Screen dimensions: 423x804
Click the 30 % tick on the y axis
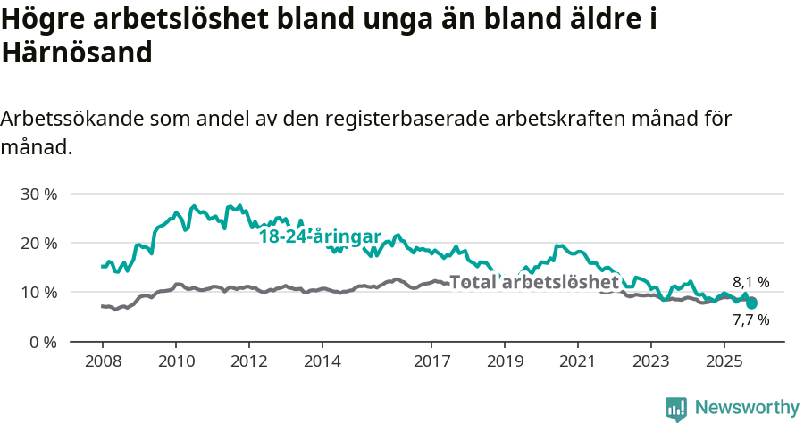coord(38,194)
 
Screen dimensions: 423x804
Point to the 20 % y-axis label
coord(38,243)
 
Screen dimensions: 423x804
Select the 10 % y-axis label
coord(38,293)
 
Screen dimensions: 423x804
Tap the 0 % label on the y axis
coord(43,342)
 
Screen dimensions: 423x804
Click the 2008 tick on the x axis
coord(102,361)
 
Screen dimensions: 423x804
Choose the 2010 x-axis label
coord(175,361)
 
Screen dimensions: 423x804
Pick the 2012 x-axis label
coord(248,361)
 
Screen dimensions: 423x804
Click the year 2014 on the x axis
coord(322,361)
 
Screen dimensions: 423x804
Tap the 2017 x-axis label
coord(431,361)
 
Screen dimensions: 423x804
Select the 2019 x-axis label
coord(504,361)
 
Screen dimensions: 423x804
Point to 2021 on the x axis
coord(577,361)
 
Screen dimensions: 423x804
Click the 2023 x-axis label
coord(650,361)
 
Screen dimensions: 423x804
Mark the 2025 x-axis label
coord(724,361)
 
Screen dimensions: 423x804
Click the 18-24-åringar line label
coord(320,236)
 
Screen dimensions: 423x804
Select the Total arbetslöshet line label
coord(534,283)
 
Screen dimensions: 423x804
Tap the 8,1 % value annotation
coord(750,282)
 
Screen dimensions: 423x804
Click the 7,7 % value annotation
coord(750,319)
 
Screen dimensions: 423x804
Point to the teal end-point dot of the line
coord(752,303)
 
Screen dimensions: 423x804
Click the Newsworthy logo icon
coord(676,408)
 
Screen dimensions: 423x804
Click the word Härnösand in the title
coord(78,53)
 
